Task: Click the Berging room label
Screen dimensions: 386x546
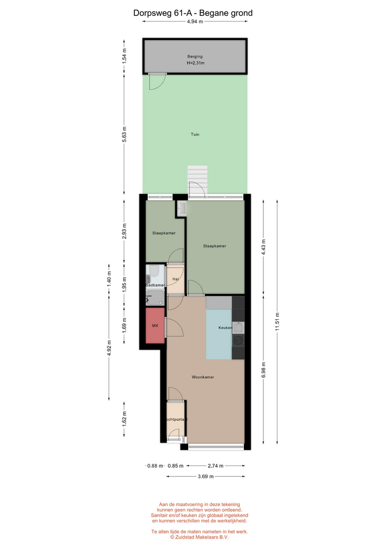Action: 195,56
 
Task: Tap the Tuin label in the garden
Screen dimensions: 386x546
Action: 195,134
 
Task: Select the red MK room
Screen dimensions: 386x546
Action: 155,325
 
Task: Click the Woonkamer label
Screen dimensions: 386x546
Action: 202,377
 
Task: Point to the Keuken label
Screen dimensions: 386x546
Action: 225,328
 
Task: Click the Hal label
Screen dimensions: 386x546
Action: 176,279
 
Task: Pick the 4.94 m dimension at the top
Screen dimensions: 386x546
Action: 195,22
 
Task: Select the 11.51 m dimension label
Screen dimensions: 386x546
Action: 277,322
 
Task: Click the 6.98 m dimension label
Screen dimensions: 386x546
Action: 263,370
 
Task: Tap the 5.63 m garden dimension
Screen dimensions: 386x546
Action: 124,134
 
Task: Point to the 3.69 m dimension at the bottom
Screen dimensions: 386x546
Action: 206,477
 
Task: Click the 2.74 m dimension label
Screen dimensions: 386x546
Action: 215,466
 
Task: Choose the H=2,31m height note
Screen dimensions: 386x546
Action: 195,63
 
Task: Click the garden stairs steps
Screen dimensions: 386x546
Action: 197,180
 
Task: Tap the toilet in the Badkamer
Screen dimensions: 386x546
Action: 153,271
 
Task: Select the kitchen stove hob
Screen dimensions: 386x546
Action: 238,341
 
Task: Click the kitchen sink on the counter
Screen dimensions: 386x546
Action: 238,328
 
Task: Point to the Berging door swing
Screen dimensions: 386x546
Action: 157,81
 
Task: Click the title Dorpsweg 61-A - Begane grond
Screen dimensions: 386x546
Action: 193,13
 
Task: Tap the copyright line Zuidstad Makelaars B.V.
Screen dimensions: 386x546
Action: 200,537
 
